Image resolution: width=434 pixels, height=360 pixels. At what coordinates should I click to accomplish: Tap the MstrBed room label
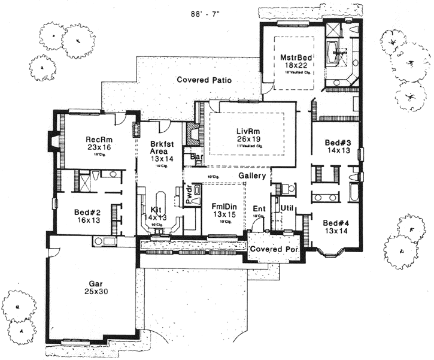[x=293, y=58]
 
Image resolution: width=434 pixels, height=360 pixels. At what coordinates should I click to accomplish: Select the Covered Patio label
[x=204, y=80]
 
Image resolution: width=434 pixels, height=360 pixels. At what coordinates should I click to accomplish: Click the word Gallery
[x=252, y=175]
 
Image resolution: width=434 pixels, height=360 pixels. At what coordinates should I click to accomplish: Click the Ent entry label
[x=259, y=208]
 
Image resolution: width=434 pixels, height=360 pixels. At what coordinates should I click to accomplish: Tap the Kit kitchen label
[x=156, y=210]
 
